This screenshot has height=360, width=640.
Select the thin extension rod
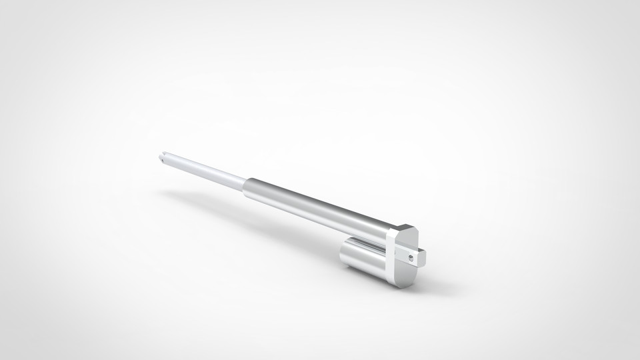[x=207, y=169]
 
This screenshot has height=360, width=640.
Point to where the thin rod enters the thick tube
[x=245, y=183]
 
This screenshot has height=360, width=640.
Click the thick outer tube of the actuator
[x=313, y=207]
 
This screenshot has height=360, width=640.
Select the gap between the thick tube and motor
[x=360, y=236]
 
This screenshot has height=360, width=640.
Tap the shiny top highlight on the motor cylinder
[x=363, y=245]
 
